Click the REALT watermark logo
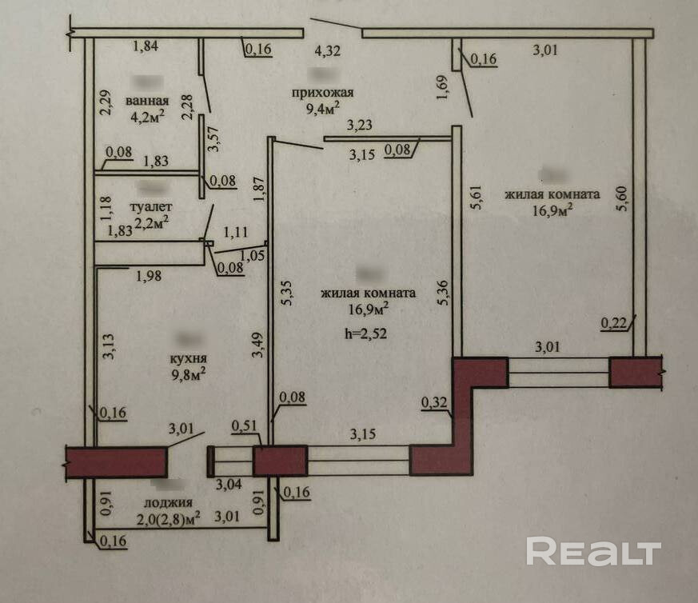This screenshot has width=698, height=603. click(593, 552)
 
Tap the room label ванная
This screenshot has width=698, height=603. click(147, 101)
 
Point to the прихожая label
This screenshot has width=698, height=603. click(322, 92)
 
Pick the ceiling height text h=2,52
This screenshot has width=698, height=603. click(367, 334)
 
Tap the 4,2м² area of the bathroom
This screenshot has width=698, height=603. click(147, 115)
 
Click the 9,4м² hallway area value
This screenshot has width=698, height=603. click(323, 106)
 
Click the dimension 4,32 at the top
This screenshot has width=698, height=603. click(326, 52)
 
